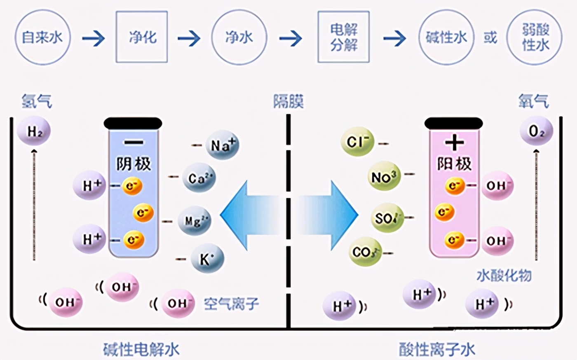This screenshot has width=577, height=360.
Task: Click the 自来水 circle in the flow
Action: pos(42,37)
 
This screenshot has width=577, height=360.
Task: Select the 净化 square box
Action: pos(141,37)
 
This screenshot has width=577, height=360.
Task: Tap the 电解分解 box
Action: pos(343,37)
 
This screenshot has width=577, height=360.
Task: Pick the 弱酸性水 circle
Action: pos(535,37)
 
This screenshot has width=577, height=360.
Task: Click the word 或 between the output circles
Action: pos(490,37)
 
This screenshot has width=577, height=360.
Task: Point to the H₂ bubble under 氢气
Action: pos(34,131)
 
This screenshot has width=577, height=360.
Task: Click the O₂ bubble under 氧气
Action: pos(536,131)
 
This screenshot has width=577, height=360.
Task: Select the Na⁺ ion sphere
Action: pos(223,145)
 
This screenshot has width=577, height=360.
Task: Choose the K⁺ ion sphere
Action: pos(207,259)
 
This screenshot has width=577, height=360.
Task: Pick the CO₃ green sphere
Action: pos(365,252)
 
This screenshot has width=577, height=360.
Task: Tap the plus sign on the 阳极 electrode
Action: pos(455,143)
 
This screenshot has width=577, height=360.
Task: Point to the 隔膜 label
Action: pos(288,101)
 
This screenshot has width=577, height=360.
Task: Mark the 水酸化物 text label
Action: pos(504,275)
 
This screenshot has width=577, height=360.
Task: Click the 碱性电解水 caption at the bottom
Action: pos(141,350)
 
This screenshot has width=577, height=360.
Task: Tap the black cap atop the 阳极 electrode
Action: pos(453,123)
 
